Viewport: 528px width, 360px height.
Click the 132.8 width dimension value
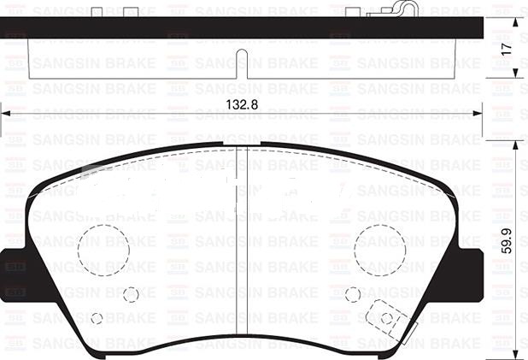coord(242,104)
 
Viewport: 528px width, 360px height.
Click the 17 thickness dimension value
coord(506,50)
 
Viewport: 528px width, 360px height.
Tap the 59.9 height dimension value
coord(506,240)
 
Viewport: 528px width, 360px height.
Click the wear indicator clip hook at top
coord(404,8)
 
